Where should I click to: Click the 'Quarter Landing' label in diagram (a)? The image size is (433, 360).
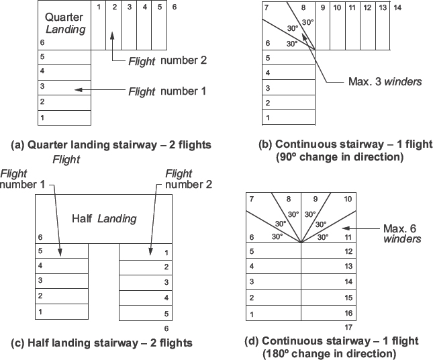point(64,23)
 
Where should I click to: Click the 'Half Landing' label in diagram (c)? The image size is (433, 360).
point(104,218)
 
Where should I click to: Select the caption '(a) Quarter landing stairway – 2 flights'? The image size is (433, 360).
point(111,144)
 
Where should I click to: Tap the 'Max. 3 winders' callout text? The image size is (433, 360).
point(385,82)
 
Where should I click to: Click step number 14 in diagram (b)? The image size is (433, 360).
point(397,8)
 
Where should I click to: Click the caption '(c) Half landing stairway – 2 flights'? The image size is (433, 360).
point(102,343)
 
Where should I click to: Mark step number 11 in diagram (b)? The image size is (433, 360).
point(352,8)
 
